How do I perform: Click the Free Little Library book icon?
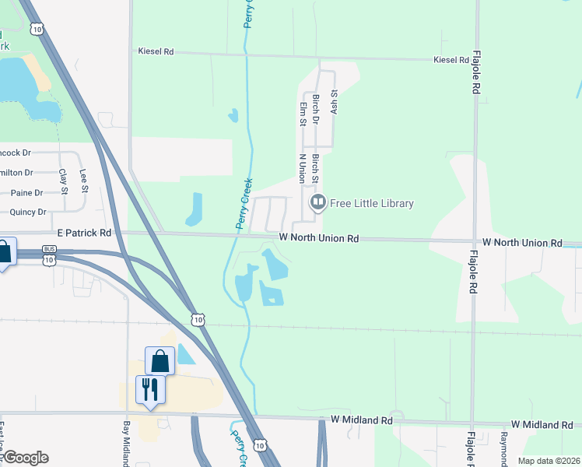point(317,204)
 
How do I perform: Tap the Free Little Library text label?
point(372,204)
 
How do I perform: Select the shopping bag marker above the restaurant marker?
point(160,361)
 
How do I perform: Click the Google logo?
point(25,458)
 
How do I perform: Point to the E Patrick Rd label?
point(84,233)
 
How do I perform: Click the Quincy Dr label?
point(28,212)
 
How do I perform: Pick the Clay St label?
point(64,180)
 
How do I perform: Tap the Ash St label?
point(335,101)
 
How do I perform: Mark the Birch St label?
point(316,168)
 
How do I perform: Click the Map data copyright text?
point(548,461)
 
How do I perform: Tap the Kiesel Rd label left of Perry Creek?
point(156,51)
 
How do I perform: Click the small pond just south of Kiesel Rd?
point(233,116)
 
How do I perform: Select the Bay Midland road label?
point(126,444)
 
